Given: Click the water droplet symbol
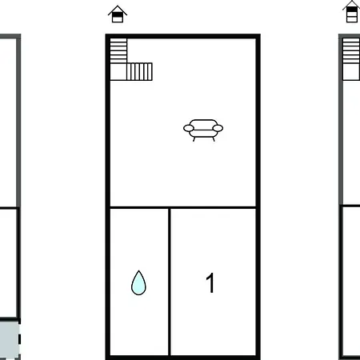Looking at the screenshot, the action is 138,283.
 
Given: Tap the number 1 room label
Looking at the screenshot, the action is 210,282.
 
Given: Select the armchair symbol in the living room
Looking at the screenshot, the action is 203,130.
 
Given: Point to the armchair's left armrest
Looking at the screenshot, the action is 189,128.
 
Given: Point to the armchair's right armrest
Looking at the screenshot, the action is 218,128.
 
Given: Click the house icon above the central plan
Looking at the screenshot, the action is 118,14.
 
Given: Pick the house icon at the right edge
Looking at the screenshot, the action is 351,11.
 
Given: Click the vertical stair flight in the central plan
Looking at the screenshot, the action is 118,50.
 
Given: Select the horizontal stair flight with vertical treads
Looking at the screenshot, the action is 139,71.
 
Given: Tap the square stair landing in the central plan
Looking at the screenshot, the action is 118,71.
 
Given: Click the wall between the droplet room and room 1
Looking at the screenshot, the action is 170,282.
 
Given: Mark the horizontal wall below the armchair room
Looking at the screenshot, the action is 183,207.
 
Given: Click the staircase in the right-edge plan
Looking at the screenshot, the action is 351,58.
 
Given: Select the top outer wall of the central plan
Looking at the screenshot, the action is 183,36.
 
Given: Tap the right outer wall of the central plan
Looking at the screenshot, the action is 258,197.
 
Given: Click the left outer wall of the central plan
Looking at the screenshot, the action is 108,197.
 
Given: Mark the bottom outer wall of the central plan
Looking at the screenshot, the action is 183,358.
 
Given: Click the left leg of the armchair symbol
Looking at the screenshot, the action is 194,139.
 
